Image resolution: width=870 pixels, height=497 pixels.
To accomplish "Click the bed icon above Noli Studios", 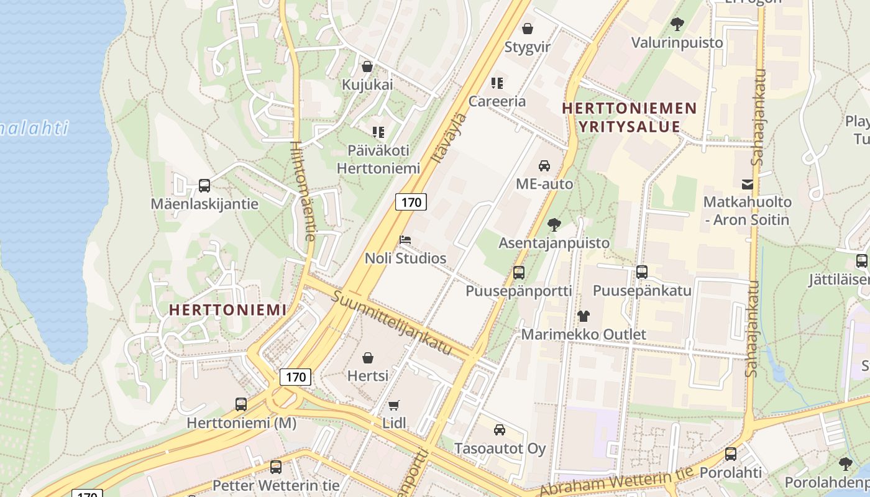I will point(405,240).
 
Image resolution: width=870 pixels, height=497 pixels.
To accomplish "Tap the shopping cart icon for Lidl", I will point(393,406).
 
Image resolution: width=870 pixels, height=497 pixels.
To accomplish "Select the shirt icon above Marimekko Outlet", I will point(583,316).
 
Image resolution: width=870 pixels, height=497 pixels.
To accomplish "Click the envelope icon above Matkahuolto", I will point(747,185).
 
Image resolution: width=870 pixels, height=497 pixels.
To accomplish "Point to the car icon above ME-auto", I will point(544,166).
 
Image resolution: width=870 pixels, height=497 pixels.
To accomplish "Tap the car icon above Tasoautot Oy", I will point(499,430).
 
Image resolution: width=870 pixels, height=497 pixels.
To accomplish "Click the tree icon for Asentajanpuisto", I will point(554,225).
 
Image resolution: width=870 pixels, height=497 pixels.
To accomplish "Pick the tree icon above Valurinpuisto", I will point(677,24).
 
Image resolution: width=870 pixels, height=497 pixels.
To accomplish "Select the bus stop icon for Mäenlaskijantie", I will point(204,185).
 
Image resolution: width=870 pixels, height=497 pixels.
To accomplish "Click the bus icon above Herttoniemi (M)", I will point(241,404).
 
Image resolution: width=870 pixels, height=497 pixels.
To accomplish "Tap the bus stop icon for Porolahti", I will point(731,454).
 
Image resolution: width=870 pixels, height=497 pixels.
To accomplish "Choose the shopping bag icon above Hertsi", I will point(368,358).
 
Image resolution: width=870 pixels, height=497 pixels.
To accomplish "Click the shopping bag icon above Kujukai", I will point(367,66).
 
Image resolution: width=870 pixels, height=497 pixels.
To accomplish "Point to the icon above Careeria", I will point(497,83).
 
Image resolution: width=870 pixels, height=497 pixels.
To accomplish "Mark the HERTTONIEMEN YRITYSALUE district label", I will point(629,117).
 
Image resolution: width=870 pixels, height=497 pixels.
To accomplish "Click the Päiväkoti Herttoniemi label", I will point(378,159).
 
